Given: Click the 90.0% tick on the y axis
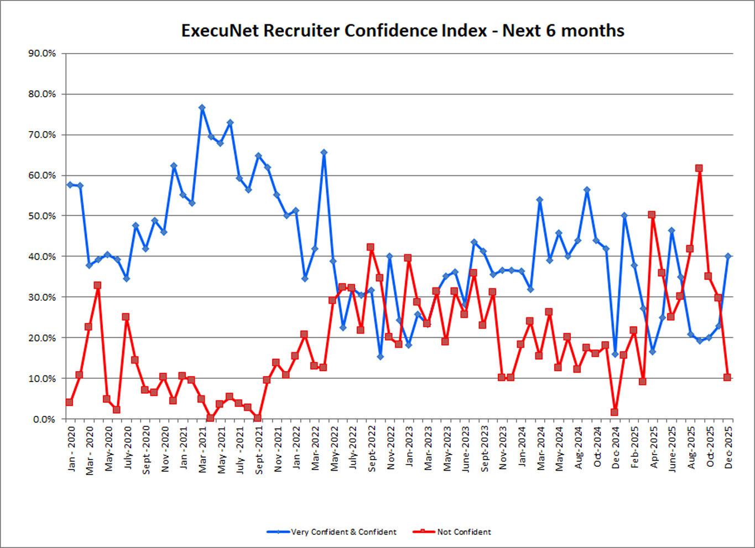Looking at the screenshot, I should pyautogui.click(x=42, y=54).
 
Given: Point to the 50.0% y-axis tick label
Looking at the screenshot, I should pyautogui.click(x=42, y=216).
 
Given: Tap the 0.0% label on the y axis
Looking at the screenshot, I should pyautogui.click(x=44, y=419).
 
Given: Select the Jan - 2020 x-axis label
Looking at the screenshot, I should pyautogui.click(x=71, y=448).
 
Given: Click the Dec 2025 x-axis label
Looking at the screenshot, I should pyautogui.click(x=728, y=448).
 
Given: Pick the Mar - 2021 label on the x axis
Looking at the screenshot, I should pyautogui.click(x=202, y=448).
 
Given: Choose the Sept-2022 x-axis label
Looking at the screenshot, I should pyautogui.click(x=372, y=448).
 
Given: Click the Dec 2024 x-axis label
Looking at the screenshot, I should pyautogui.click(x=616, y=448).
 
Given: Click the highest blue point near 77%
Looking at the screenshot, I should pyautogui.click(x=202, y=108).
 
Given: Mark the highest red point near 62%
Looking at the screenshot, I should pyautogui.click(x=699, y=168).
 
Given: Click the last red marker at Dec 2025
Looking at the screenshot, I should pyautogui.click(x=727, y=377).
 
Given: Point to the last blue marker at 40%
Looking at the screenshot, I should pyautogui.click(x=728, y=256).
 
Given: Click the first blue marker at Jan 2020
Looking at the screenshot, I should pyautogui.click(x=70, y=185).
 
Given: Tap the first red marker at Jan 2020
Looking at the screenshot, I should pyautogui.click(x=69, y=402).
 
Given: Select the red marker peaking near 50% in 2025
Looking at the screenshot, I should pyautogui.click(x=652, y=215).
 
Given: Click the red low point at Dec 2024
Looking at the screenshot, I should pyautogui.click(x=615, y=412).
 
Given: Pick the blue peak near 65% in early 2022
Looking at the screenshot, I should pyautogui.click(x=324, y=153).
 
